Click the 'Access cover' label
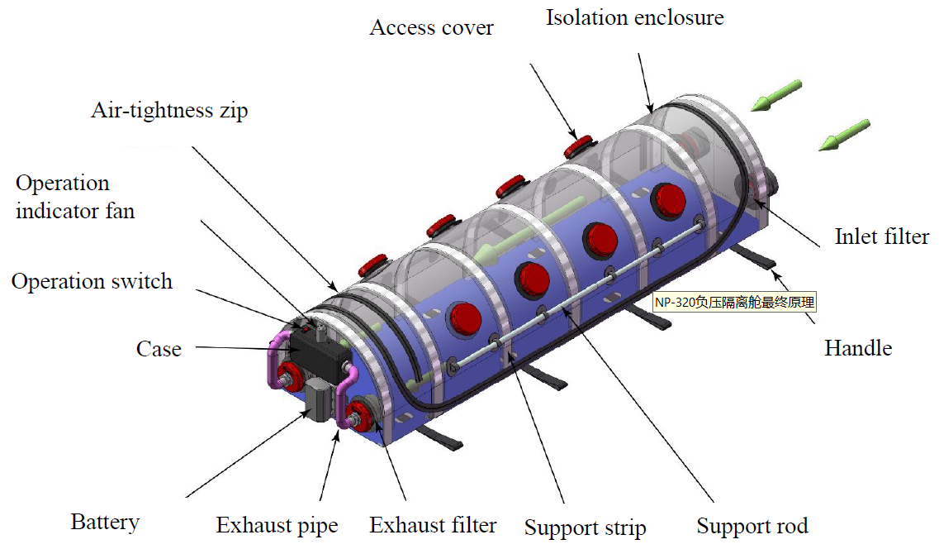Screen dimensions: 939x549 click(431, 27)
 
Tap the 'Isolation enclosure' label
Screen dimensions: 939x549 click(635, 17)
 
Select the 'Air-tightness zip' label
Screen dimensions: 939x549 click(169, 111)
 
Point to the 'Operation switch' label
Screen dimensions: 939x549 click(92, 281)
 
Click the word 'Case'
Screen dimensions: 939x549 click(159, 349)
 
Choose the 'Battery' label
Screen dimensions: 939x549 click(105, 522)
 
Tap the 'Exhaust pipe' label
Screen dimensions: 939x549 click(277, 526)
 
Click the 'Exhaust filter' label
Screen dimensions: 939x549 click(433, 525)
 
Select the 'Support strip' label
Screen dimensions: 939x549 click(585, 528)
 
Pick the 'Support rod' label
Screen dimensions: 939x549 click(752, 526)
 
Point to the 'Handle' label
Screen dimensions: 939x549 click(858, 348)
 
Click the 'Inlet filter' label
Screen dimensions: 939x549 click(882, 236)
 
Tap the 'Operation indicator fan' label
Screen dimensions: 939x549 click(75, 197)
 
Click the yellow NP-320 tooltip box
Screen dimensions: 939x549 click(734, 302)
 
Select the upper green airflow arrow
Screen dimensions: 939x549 click(776, 95)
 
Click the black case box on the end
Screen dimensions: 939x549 click(319, 354)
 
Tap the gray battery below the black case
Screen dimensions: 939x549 click(320, 400)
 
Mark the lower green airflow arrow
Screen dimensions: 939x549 click(844, 135)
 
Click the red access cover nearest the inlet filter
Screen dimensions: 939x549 click(578, 146)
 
